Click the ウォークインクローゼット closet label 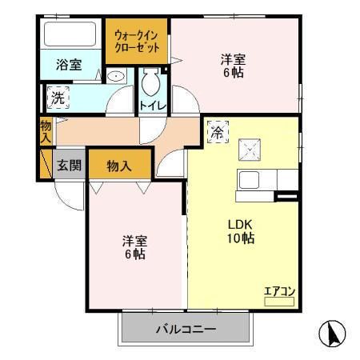[137, 42]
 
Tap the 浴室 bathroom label [69, 66]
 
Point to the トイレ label [152, 106]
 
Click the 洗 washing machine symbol [58, 98]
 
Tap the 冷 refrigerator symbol [218, 133]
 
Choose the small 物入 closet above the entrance [46, 131]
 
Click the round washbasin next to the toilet [118, 77]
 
